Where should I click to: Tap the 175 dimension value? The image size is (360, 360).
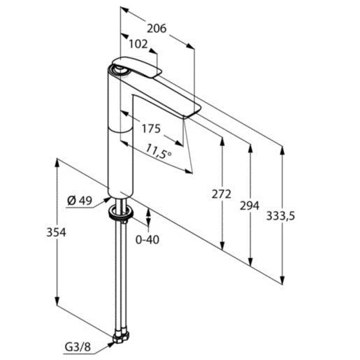coord(150,129)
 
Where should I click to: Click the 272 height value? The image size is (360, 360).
coord(221,194)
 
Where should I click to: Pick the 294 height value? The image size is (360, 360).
coord(249,206)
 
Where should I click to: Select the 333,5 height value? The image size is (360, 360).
coord(282,216)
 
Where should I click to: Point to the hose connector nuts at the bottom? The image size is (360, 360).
coord(120,335)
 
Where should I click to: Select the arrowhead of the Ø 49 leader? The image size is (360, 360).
coord(106,203)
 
